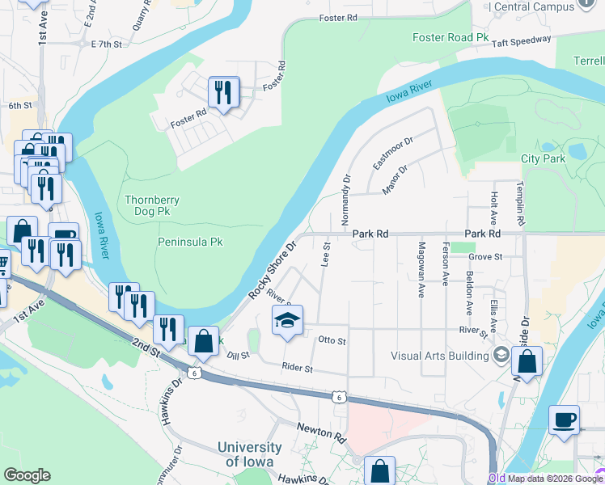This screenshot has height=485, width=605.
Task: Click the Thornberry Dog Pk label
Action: pos(152,205)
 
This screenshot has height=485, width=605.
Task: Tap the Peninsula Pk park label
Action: pos(189,242)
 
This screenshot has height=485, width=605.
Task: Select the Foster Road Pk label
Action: pos(451,38)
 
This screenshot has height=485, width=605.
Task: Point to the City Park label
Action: pos(544,159)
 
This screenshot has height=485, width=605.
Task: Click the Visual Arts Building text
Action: pos(439,355)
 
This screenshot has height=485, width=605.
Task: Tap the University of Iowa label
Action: pos(250,454)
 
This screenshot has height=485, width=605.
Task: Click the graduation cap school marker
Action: pos(287,323)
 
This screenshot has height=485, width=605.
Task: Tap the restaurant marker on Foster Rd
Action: pos(224,93)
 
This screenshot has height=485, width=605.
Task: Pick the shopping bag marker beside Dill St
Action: pos(204,343)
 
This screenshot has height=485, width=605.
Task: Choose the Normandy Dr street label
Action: pos(346,200)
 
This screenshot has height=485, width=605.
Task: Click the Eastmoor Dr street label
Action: pos(392,153)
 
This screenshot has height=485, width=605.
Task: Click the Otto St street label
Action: pos(332,341)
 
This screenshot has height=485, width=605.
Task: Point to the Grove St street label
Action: pos(485,256)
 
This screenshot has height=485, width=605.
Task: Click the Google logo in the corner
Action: pos(27,475)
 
